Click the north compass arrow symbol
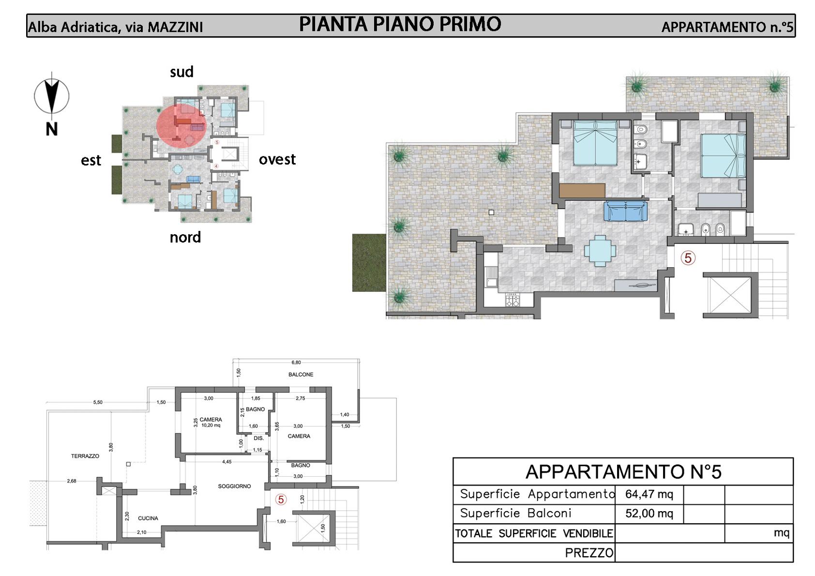click(52, 96)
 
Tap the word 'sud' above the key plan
click(181, 72)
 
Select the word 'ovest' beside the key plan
click(277, 159)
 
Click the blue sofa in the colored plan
click(625, 211)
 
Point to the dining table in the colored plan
click(600, 251)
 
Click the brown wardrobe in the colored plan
click(582, 191)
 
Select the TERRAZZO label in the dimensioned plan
click(85, 456)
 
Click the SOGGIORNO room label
click(234, 486)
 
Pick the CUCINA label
click(148, 518)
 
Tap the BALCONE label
click(301, 375)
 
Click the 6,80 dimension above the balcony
click(296, 363)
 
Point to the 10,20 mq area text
click(211, 425)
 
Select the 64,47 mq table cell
click(649, 494)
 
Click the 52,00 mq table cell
click(649, 514)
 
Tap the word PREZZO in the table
click(589, 553)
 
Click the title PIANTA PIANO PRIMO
click(400, 24)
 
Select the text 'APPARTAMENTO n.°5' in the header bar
click(727, 27)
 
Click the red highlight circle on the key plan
click(181, 125)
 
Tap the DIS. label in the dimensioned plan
click(259, 438)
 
